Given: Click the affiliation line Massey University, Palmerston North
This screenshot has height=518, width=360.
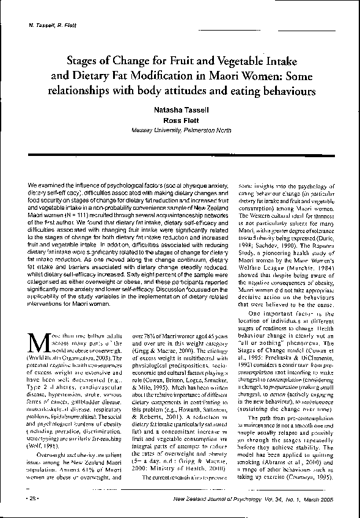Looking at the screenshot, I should [180, 131].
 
